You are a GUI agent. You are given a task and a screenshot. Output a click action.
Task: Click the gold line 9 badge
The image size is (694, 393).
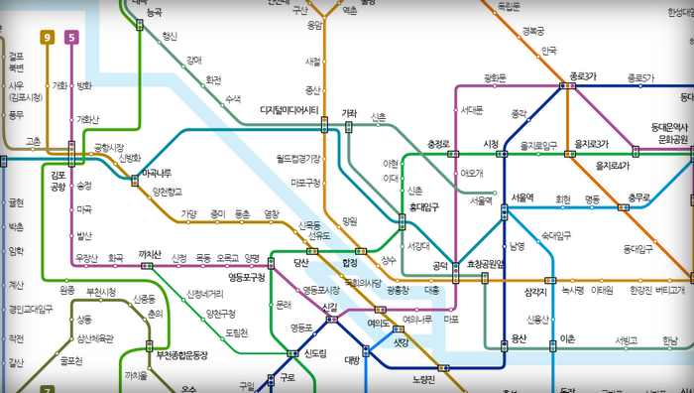46,38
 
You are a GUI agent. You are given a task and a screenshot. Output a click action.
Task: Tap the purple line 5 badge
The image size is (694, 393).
71,38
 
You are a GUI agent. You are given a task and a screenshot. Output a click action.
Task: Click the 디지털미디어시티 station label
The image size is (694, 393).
289,110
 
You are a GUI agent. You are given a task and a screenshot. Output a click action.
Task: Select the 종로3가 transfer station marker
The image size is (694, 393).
567,85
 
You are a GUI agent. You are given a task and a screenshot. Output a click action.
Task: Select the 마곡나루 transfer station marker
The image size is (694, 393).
134,179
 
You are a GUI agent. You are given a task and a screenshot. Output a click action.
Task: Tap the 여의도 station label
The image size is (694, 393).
378,323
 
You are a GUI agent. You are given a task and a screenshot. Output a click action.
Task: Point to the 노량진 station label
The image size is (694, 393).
424,379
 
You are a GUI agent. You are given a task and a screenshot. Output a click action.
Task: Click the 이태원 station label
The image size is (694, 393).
602,290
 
